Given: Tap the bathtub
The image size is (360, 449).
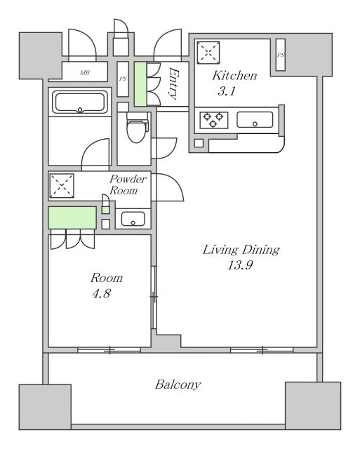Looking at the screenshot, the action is (x=80, y=102).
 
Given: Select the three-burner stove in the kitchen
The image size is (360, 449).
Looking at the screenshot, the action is (x=213, y=120).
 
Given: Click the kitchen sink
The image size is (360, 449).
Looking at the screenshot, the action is (x=255, y=120).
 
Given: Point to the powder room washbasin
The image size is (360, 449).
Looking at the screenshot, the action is (x=133, y=219).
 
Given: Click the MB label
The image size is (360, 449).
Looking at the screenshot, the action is (x=85, y=73).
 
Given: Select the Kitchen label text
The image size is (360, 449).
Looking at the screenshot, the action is (x=234, y=76).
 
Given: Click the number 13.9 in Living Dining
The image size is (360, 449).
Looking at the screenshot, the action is (x=240, y=265).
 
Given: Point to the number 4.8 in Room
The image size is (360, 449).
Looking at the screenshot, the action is (x=101, y=294).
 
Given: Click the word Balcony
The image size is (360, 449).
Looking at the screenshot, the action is (x=178, y=384).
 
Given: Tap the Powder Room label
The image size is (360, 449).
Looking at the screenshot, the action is (x=128, y=185).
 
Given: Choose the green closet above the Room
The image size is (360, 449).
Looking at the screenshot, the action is (x=72, y=217).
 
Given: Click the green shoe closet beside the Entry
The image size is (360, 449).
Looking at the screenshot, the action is (x=140, y=84).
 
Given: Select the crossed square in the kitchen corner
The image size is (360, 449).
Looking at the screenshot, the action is (x=208, y=52).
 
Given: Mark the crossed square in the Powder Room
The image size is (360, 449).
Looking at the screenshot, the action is (x=62, y=185).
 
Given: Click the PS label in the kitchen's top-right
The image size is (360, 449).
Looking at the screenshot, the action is (x=281, y=55).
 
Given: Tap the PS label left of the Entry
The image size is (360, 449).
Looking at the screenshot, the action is (x=123, y=79).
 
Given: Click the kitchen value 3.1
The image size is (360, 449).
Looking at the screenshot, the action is (x=226, y=91).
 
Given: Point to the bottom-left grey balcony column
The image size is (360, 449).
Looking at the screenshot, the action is (x=45, y=407).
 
